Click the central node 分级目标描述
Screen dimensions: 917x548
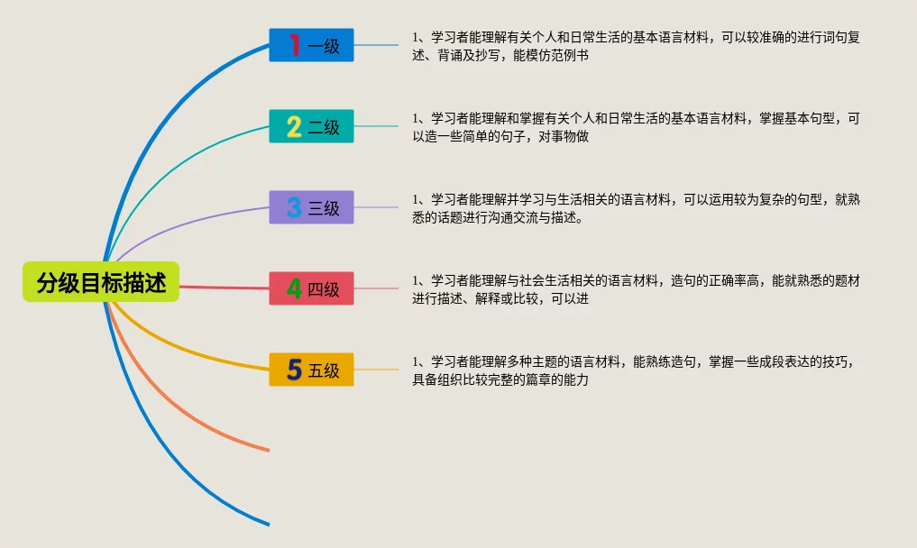[101, 282]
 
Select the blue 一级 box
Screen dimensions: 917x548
[312, 45]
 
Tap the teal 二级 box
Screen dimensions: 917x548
[312, 126]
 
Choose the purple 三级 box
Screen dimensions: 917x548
[312, 207]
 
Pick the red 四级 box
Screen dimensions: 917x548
[312, 288]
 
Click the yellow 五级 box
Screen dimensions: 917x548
[312, 370]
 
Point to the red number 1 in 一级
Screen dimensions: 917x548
[294, 45]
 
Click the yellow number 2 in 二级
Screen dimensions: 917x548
[294, 126]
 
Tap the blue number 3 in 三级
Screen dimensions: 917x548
[294, 207]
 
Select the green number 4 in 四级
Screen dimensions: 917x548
[294, 288]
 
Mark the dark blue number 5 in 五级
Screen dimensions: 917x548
[294, 370]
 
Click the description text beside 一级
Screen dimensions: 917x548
[635, 47]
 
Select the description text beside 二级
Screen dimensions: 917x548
[635, 128]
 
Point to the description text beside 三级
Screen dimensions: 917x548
[635, 209]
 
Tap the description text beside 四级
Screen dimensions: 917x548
[635, 290]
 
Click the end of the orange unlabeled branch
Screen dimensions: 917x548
[267, 449]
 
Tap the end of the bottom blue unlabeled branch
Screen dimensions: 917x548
[267, 523]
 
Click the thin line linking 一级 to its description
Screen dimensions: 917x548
[376, 45]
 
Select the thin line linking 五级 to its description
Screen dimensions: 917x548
[376, 370]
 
